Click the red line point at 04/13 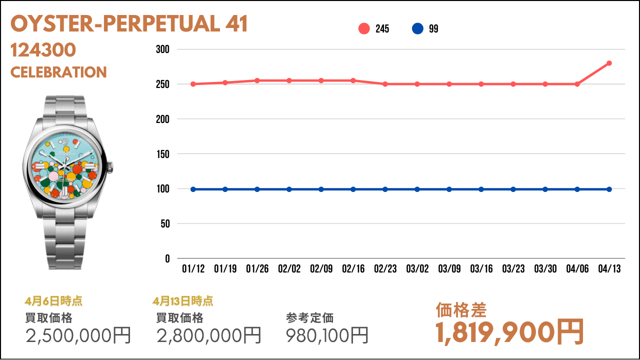[x=609, y=63]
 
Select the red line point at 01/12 [x=193, y=84]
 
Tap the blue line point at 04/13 [x=609, y=189]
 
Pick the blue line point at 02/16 [x=353, y=189]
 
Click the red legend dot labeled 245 [x=364, y=29]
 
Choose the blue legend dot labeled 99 [x=417, y=29]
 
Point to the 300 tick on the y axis [x=163, y=49]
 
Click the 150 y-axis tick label [x=163, y=154]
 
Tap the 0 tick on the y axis [x=167, y=258]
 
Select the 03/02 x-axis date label [x=417, y=269]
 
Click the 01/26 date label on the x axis [x=257, y=269]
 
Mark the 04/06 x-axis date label [x=577, y=269]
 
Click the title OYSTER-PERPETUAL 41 [x=129, y=24]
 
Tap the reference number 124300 [x=43, y=50]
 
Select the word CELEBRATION [x=58, y=72]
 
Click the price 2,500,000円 [x=78, y=335]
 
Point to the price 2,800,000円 [x=208, y=335]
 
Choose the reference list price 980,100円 [x=327, y=335]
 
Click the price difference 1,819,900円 [x=509, y=331]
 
